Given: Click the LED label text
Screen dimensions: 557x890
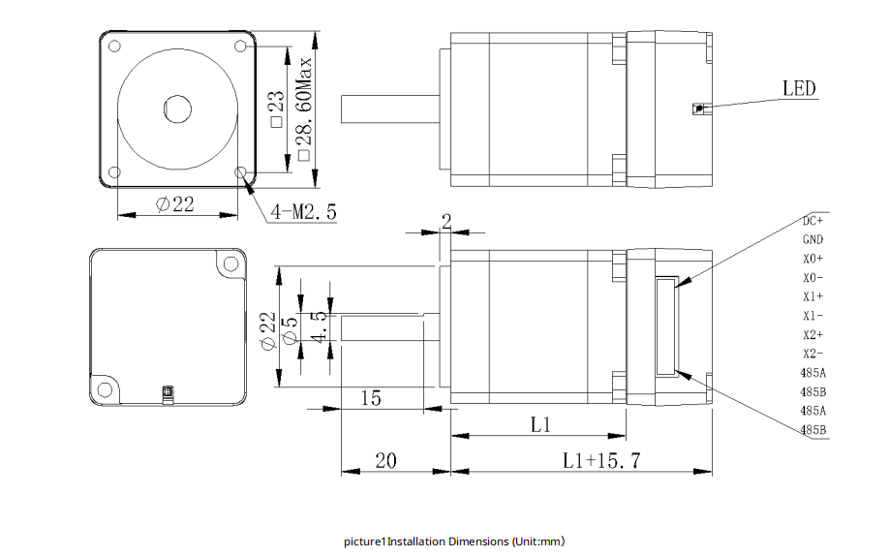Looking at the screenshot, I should coord(799,89).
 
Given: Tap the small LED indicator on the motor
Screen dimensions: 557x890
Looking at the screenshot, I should coord(697,108).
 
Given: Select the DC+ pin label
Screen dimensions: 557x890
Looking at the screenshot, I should coord(813,221).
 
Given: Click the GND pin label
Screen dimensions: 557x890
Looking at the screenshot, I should coord(813,239).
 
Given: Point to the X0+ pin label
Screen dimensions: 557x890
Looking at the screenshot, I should coord(813,259).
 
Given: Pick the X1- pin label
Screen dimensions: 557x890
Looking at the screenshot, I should coord(813,316).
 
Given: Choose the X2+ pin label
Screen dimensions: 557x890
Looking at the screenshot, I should coord(813,335).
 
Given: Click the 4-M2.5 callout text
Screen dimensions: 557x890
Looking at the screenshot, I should coord(303,211).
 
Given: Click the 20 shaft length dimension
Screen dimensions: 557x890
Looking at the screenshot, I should coord(384,461).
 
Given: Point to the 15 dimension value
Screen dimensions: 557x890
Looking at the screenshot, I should coord(370,397).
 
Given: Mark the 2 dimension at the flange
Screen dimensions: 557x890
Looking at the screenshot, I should coord(445,221).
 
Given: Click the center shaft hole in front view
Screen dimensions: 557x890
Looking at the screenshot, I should coord(177,108).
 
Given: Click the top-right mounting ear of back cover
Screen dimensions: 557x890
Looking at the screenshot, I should coord(229,263).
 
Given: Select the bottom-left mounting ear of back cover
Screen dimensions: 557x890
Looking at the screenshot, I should coord(105,389).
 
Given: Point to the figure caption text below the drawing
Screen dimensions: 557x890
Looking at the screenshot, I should coord(453,542).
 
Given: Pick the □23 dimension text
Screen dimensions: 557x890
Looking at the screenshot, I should coord(276,108).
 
